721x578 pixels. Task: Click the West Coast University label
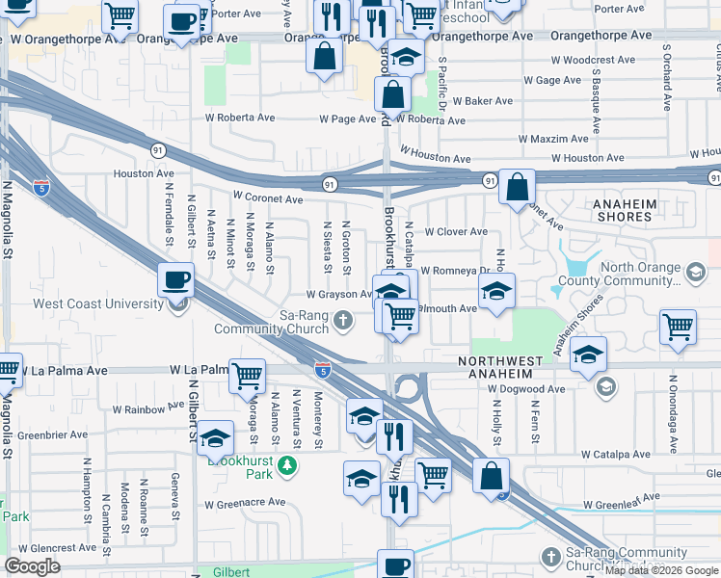coord(98,304)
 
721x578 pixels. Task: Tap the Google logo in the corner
coord(32,566)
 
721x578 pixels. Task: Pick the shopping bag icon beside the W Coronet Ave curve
coord(518,189)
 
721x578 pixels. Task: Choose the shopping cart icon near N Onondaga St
coord(678,328)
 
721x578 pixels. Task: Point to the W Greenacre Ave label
coord(245,502)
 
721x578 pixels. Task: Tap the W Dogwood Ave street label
coord(526,389)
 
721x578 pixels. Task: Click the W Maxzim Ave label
coord(552,139)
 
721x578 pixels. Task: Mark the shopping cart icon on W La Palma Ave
coord(248,375)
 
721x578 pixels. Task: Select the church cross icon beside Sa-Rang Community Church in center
coord(343,320)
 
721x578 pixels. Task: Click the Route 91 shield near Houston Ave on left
coord(156,149)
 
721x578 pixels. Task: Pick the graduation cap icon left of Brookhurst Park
coord(216,436)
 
